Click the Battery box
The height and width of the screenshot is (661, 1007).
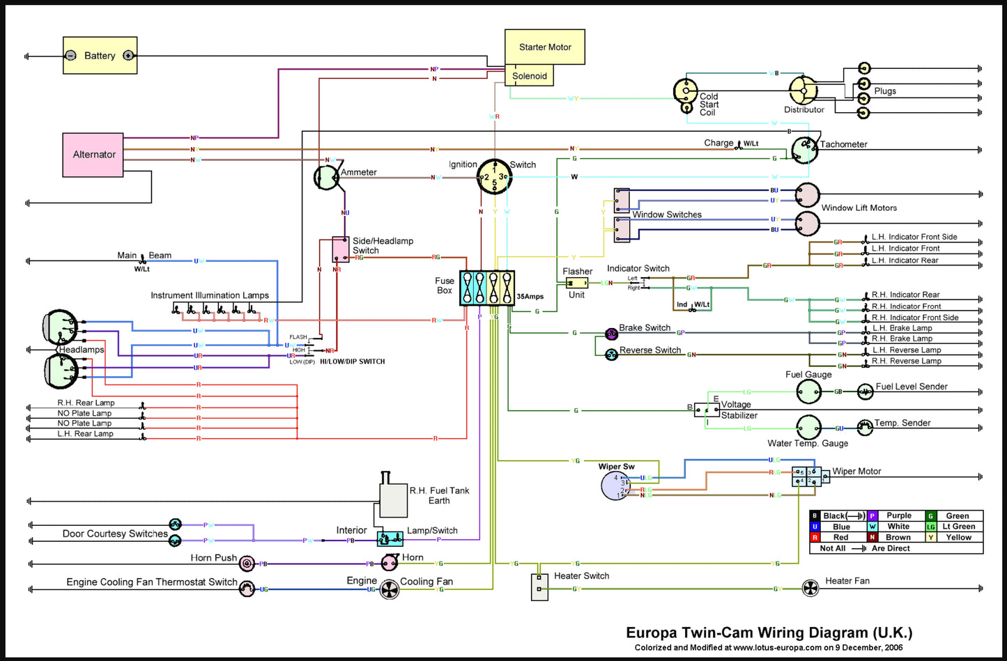click(100, 56)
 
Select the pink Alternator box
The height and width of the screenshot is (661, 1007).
click(93, 155)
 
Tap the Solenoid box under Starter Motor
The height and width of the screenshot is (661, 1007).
click(529, 76)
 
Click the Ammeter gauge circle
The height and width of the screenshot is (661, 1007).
click(326, 178)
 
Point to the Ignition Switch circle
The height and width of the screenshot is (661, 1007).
click(494, 176)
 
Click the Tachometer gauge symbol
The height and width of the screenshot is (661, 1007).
click(804, 150)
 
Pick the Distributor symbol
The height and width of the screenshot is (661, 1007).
click(802, 91)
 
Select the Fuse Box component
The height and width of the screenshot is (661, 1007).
click(487, 288)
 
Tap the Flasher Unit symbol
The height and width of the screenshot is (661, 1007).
click(577, 283)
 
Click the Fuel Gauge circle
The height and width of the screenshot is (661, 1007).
click(808, 392)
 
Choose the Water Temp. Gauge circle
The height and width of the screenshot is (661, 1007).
click(808, 428)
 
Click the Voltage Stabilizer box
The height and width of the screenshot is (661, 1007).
click(707, 410)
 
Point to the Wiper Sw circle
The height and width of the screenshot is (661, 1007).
click(615, 485)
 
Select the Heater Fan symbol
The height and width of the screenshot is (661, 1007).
click(810, 589)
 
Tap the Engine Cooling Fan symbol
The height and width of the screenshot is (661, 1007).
click(389, 590)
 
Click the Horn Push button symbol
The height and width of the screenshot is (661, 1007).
click(246, 563)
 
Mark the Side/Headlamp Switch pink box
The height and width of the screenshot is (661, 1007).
click(340, 249)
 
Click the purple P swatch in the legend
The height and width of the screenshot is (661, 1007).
click(872, 516)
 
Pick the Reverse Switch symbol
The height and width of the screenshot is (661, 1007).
click(611, 355)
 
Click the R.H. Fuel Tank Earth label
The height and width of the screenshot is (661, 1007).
click(439, 495)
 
